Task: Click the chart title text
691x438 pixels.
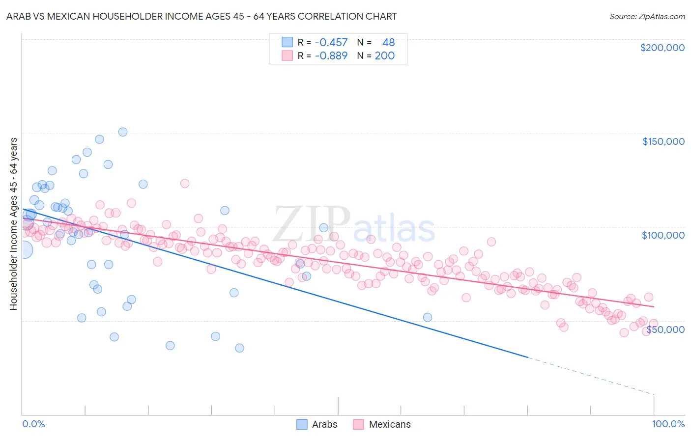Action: tap(202, 16)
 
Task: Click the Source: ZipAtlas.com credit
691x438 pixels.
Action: tap(647, 16)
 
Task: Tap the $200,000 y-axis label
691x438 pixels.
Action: tap(662, 48)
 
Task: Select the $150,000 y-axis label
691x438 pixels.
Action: tap(663, 141)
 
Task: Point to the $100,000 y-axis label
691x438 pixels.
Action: tap(663, 235)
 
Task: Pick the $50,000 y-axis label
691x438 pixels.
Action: tap(665, 329)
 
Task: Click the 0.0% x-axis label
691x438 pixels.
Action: tap(33, 424)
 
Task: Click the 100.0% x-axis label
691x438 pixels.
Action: tap(668, 424)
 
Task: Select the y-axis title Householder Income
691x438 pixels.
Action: tap(13, 223)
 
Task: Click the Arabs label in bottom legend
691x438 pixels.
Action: tap(324, 424)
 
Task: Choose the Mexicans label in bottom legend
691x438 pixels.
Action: tap(389, 424)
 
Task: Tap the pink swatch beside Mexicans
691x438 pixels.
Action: tap(358, 424)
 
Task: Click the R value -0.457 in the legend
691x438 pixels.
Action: tap(331, 43)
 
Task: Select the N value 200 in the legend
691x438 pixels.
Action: tap(384, 56)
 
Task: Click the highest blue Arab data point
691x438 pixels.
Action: tap(123, 132)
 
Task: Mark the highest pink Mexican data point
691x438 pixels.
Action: tap(185, 183)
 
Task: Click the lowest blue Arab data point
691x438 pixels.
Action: tap(239, 348)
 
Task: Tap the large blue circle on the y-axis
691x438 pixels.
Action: tap(23, 249)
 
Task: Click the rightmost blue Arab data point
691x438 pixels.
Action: tap(428, 317)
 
